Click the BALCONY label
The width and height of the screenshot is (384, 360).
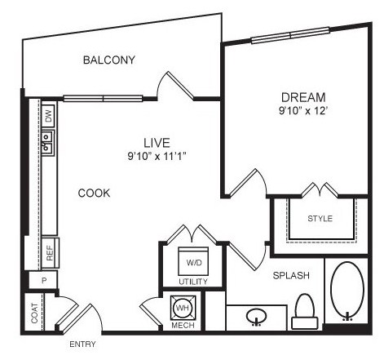click(x=109, y=60)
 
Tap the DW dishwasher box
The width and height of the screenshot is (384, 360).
click(x=48, y=117)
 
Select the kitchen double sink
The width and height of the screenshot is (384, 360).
click(x=48, y=143)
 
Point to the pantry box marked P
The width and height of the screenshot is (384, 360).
click(x=43, y=280)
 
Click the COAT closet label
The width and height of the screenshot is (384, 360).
click(x=34, y=313)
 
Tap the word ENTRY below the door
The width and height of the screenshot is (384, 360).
click(x=82, y=344)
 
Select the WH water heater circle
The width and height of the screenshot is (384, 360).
click(x=183, y=308)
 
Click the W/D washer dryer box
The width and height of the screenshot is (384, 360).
click(x=193, y=261)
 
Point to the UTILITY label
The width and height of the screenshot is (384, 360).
click(x=193, y=282)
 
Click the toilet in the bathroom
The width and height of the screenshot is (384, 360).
click(x=305, y=311)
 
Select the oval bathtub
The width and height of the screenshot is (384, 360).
click(x=347, y=290)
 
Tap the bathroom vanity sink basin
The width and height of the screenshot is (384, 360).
click(x=257, y=317)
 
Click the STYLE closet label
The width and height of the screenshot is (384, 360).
click(x=320, y=219)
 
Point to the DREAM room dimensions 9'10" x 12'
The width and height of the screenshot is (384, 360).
click(x=302, y=111)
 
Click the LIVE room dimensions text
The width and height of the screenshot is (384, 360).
click(x=157, y=156)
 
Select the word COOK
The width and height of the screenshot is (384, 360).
click(x=94, y=193)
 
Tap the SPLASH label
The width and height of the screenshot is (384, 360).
click(x=291, y=276)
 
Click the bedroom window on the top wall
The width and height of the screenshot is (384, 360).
click(x=290, y=35)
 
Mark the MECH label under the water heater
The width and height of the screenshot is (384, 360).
click(x=183, y=325)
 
